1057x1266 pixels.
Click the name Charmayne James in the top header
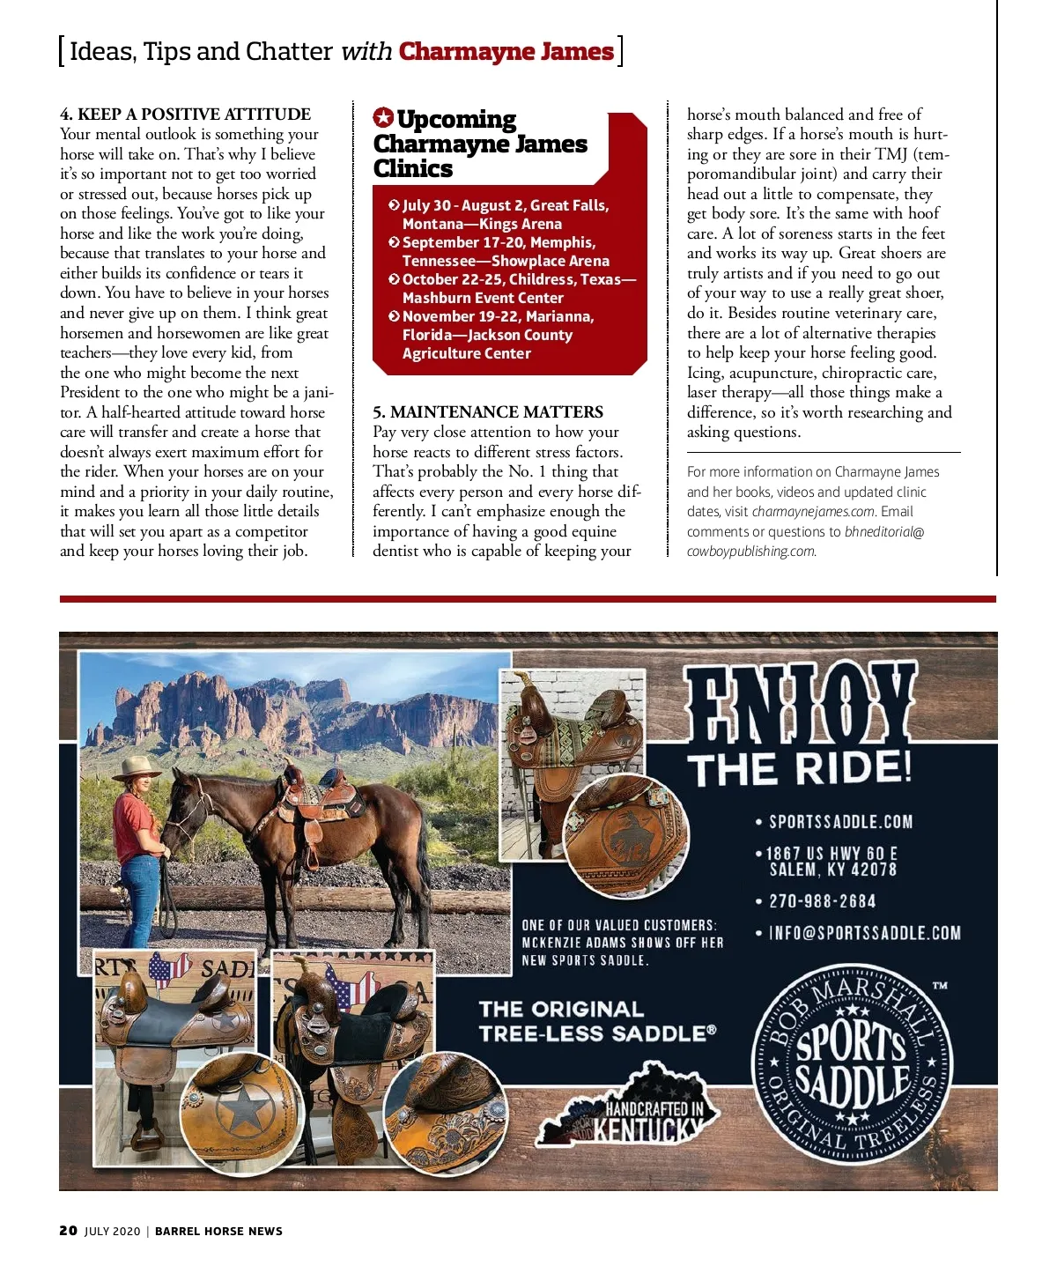pos(506,51)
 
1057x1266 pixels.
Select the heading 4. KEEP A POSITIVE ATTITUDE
pos(185,114)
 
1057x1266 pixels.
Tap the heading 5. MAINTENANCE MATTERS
pos(487,411)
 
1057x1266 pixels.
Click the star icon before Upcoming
pos(383,118)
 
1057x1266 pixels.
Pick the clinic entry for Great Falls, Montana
pos(505,214)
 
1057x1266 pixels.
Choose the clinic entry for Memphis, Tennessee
pos(505,251)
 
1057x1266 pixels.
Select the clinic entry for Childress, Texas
pos(511,288)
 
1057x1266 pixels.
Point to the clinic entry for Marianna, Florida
pos(498,334)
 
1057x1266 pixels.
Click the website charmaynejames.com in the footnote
pos(813,512)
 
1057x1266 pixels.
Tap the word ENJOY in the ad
pos(799,703)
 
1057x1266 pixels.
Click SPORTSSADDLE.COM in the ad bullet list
pos(840,822)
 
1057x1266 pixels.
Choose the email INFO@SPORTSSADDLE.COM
pos(864,933)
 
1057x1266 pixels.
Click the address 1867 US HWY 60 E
pos(832,853)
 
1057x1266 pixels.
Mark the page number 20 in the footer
pos(68,1231)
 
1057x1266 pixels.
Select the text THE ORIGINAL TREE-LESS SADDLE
pos(597,1021)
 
